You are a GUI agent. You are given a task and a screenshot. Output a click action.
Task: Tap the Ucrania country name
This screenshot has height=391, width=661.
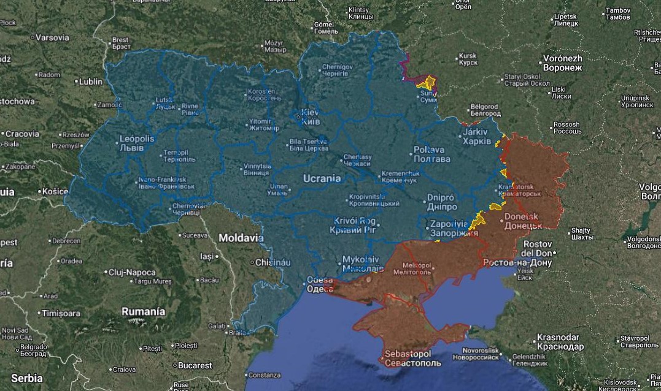[322, 178]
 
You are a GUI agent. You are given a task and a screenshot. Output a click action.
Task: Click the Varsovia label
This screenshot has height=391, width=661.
[52, 37]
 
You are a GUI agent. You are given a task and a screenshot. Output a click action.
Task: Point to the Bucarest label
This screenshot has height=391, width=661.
[195, 365]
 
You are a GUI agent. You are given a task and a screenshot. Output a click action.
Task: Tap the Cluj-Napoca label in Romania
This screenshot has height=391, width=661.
[131, 272]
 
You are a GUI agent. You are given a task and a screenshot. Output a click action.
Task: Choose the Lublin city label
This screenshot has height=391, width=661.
[91, 81]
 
